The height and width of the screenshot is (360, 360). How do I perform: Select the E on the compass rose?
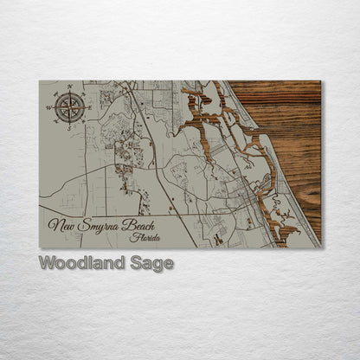pos(89,106)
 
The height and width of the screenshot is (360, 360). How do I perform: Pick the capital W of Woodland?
pos(46,263)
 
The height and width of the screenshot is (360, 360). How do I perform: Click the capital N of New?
pos(53,226)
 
